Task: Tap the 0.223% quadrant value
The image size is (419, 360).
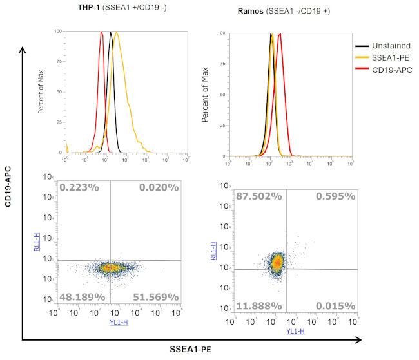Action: (79, 187)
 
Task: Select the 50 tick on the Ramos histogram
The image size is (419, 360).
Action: (220, 95)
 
